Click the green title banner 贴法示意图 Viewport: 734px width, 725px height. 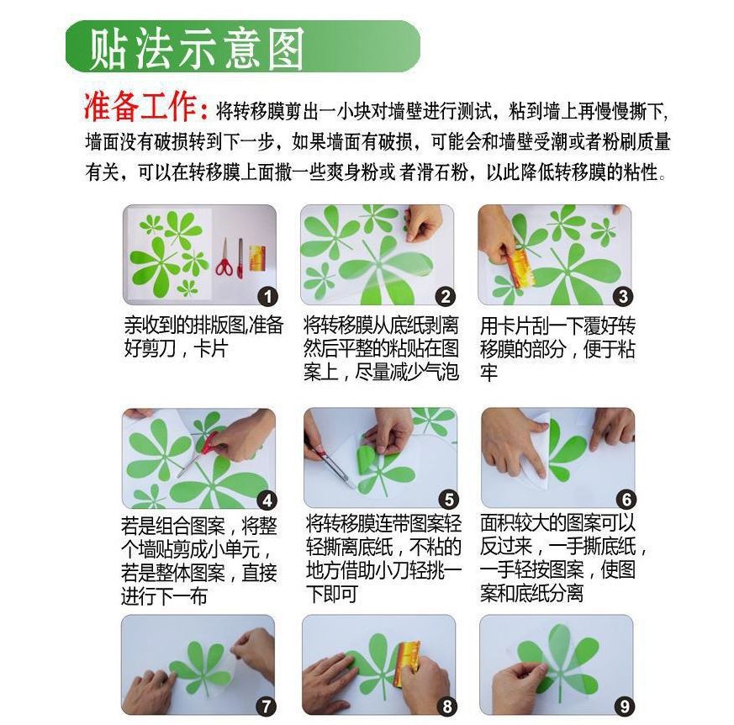242,46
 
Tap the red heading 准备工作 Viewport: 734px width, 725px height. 146,107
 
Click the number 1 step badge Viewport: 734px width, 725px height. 267,296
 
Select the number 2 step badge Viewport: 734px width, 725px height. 445,296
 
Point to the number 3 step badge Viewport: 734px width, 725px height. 623,296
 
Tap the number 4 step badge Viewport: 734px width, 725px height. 267,500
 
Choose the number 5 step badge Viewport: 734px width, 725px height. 448,500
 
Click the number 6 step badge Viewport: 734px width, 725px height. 626,500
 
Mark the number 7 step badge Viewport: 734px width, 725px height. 267,706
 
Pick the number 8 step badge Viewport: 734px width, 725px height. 447,706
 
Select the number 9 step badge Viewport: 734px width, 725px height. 625,706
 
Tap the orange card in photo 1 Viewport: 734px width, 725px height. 257,258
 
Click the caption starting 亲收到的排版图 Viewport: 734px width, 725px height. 203,336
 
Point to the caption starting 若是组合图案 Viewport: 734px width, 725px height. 199,561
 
